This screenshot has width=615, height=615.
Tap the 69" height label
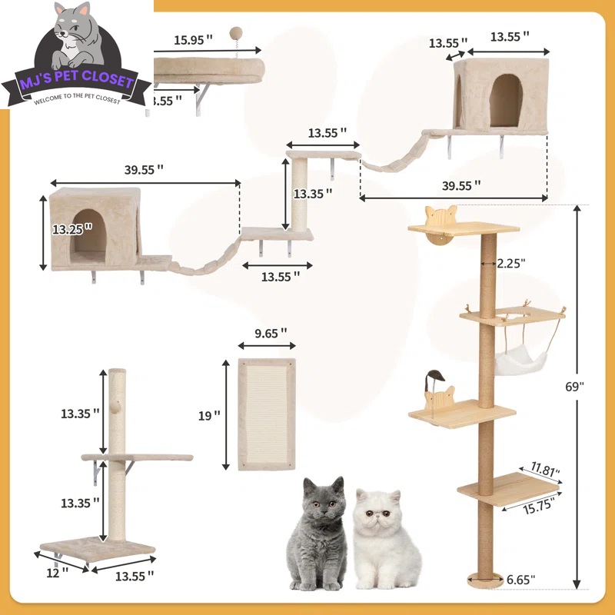[590, 387]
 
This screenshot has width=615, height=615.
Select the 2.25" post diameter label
[510, 263]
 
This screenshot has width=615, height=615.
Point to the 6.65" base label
[521, 579]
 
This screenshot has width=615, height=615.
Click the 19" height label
[208, 415]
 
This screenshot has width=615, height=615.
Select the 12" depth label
[55, 570]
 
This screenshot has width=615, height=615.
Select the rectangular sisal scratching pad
[266, 414]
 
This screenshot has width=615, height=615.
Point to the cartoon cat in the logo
[76, 38]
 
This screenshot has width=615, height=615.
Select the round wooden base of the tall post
[486, 578]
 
